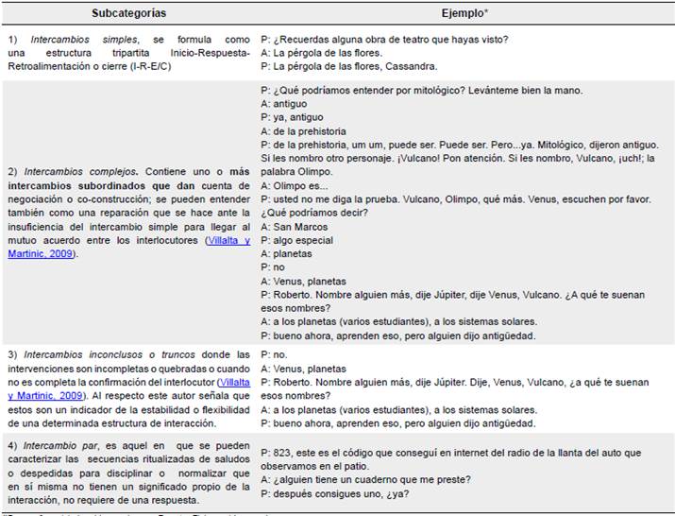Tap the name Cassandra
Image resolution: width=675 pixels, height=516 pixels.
click(410, 66)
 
